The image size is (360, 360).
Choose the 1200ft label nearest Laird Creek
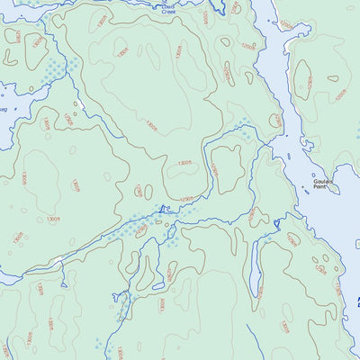point(206,16)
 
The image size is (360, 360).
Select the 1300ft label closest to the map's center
point(185,163)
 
